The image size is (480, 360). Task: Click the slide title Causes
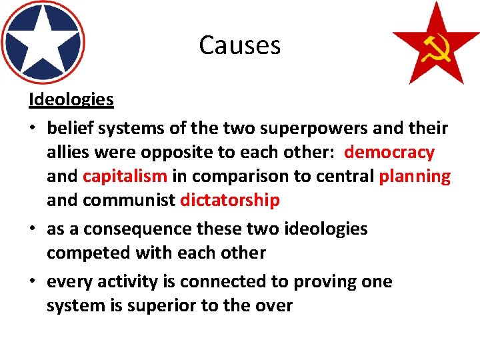tap(239, 45)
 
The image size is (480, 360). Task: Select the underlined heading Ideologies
tap(71, 100)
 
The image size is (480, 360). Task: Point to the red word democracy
tap(389, 152)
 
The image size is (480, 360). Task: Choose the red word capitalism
tap(125, 176)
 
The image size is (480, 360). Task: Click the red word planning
tap(415, 176)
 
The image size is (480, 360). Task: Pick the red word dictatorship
tap(230, 200)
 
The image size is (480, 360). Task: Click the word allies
tap(68, 152)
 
